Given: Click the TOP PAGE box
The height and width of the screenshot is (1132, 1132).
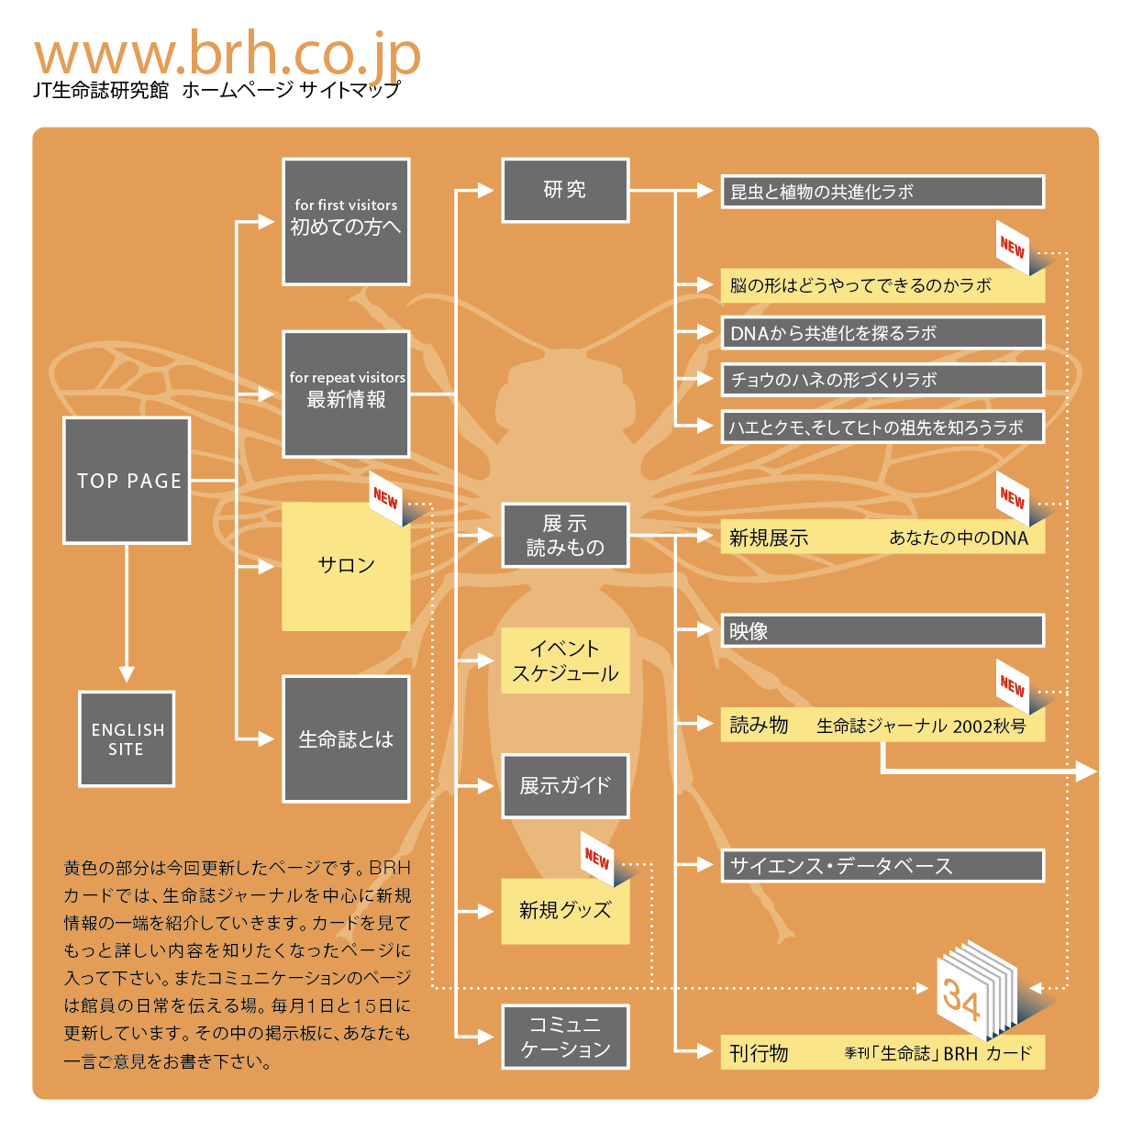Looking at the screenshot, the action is pos(127,481).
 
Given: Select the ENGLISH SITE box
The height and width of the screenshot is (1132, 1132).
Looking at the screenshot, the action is pos(127,738).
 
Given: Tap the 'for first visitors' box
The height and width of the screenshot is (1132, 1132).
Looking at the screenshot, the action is pos(346,221).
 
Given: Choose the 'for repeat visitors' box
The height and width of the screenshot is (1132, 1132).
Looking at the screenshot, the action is pos(346,394).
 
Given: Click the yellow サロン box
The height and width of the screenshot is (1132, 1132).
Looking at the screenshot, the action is pos(346,566).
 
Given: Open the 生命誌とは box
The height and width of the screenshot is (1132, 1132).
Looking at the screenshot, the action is pos(346,739).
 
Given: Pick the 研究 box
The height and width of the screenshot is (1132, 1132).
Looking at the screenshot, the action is pos(565,190).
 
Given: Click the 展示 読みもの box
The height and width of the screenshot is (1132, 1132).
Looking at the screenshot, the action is pos(565,535).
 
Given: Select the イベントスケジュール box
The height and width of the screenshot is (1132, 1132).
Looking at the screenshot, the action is pos(565,660).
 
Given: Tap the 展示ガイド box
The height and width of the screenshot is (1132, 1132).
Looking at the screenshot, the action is pos(565,786).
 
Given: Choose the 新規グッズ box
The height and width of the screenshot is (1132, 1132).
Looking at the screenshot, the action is pos(565,911).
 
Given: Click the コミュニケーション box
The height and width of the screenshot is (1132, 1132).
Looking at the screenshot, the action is pos(565,1037).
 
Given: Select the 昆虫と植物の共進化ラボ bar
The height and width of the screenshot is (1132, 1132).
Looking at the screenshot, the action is pos(882,192).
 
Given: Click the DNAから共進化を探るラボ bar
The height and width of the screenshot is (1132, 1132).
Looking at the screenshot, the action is pos(882,333).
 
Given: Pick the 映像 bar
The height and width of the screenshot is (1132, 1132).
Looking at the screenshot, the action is pos(882,631).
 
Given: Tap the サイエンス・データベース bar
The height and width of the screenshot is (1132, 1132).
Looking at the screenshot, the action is pos(882,865).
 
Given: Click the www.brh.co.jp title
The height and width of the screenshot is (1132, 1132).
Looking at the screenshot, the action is pos(228,56).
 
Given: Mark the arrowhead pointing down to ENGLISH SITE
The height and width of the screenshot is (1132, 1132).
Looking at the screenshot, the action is pos(127,674).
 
